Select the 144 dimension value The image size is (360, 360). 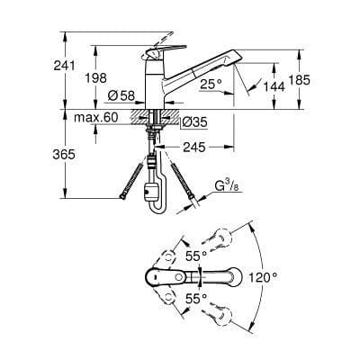[x=271, y=88]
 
